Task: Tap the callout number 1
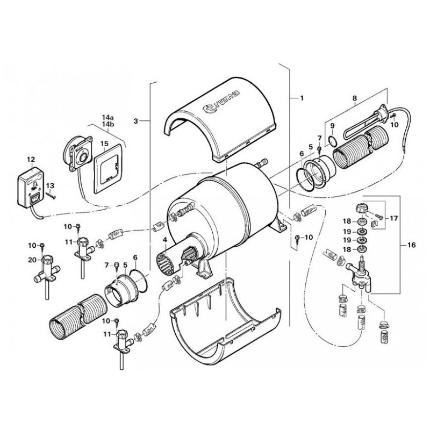pyautogui.click(x=302, y=98)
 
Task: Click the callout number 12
pyautogui.click(x=30, y=159)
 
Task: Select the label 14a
pyautogui.click(x=108, y=117)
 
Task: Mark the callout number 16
pyautogui.click(x=412, y=245)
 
